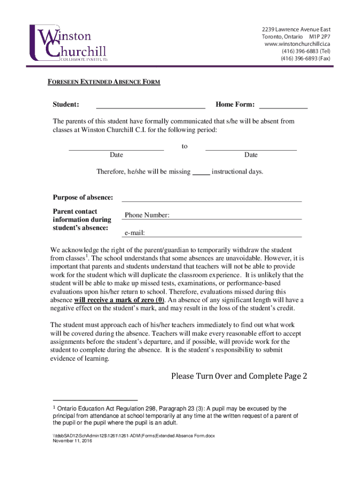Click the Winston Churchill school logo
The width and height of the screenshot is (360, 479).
(68, 44)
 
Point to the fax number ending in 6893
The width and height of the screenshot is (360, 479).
(305, 58)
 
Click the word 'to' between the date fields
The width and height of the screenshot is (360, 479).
(185, 146)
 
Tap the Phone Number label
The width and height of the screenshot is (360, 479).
(147, 215)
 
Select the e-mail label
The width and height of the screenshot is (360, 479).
(135, 232)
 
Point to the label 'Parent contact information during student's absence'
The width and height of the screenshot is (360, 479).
(82, 219)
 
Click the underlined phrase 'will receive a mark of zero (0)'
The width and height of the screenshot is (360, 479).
(119, 300)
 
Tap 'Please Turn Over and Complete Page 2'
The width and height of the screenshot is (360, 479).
(239, 376)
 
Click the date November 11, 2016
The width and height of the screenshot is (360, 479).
(72, 441)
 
